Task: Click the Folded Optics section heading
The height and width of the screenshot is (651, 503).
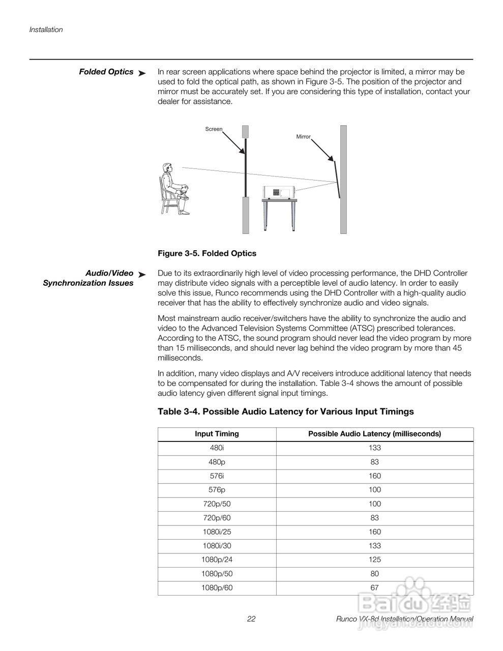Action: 106,72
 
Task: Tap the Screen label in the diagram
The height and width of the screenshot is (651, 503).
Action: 214,129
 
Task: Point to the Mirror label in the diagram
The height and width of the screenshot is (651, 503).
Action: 303,137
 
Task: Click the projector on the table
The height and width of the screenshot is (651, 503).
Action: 279,193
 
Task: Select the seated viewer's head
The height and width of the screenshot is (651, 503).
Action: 166,169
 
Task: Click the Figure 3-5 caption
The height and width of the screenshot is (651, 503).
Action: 207,253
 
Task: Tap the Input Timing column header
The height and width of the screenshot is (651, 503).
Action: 217,434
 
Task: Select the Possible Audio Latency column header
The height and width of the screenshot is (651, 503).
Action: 374,434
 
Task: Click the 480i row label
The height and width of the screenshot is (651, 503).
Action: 217,448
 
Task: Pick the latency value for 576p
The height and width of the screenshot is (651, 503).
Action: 374,490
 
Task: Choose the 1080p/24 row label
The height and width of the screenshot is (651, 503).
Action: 217,559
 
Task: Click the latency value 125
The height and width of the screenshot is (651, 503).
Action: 374,559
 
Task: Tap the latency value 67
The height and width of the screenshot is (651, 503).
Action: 374,587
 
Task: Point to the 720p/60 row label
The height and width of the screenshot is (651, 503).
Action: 217,518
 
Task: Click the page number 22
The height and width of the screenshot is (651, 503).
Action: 251,619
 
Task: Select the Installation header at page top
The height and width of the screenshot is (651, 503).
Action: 46,29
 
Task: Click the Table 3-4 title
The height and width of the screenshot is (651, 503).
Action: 285,411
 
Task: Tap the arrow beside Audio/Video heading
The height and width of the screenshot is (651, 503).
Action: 142,275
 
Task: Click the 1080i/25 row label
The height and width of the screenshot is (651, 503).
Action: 217,532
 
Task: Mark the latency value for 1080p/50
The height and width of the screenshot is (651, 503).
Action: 374,574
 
